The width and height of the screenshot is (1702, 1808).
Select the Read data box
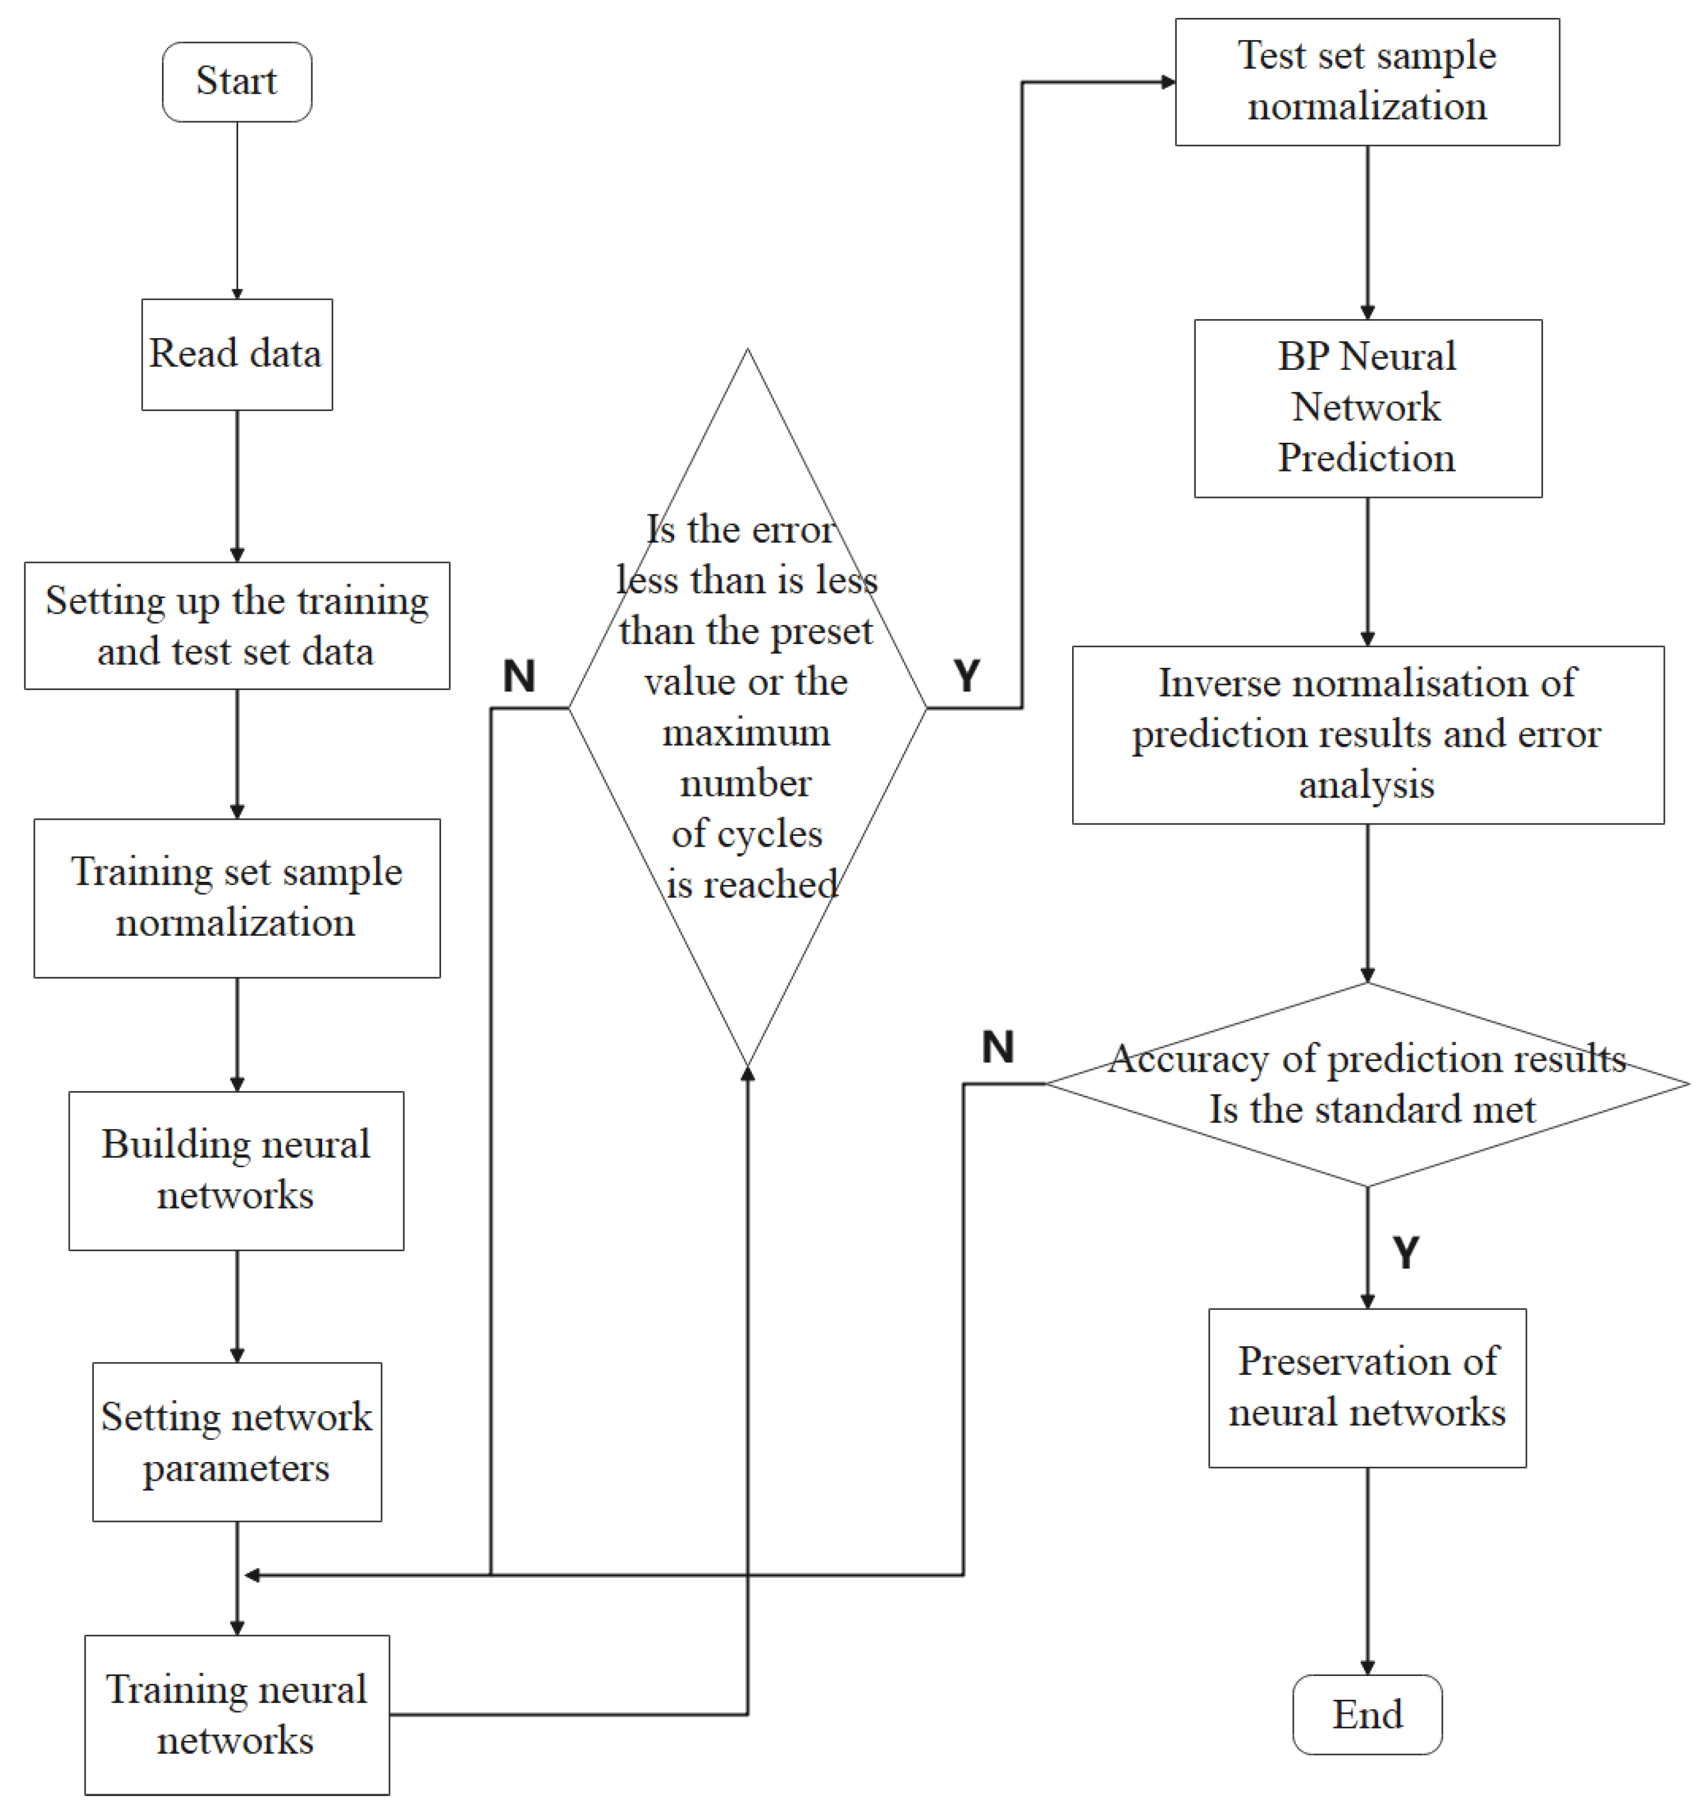[x=237, y=354]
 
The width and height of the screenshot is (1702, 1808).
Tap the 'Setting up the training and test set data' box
[x=237, y=625]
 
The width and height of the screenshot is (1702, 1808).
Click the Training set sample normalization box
[x=237, y=897]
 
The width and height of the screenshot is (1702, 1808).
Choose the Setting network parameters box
[x=237, y=1442]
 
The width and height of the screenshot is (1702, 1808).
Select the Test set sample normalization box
[x=1366, y=82]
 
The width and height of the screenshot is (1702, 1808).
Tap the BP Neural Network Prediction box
[x=1366, y=407]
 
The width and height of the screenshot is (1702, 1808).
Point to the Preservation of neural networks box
[x=1366, y=1387]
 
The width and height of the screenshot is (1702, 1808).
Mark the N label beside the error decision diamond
[x=519, y=676]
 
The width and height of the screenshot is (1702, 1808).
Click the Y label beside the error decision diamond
[x=966, y=676]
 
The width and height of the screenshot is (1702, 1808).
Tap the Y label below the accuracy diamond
[x=1406, y=1252]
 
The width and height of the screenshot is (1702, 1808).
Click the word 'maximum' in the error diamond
[x=746, y=732]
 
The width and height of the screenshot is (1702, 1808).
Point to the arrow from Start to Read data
[x=237, y=209]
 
